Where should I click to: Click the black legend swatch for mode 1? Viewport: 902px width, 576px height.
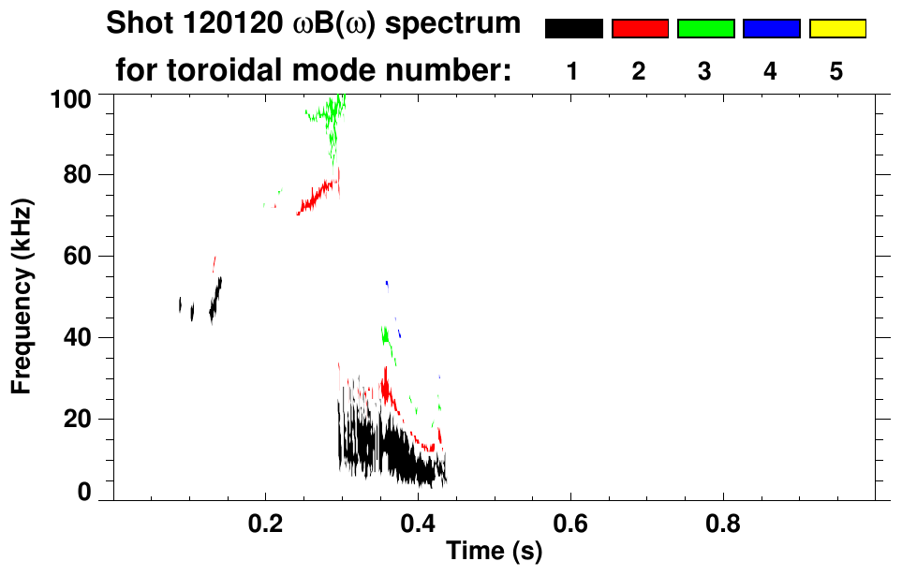(573, 29)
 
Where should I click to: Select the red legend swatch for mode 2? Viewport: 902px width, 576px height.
(640, 29)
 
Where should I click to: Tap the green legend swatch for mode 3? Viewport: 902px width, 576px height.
(705, 29)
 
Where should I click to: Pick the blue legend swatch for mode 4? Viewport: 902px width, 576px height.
(771, 29)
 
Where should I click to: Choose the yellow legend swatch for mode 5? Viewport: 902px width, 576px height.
(836, 29)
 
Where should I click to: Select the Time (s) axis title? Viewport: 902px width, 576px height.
(494, 553)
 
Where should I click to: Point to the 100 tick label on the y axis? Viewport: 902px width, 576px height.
(72, 96)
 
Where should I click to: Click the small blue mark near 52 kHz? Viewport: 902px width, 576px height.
(387, 283)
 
